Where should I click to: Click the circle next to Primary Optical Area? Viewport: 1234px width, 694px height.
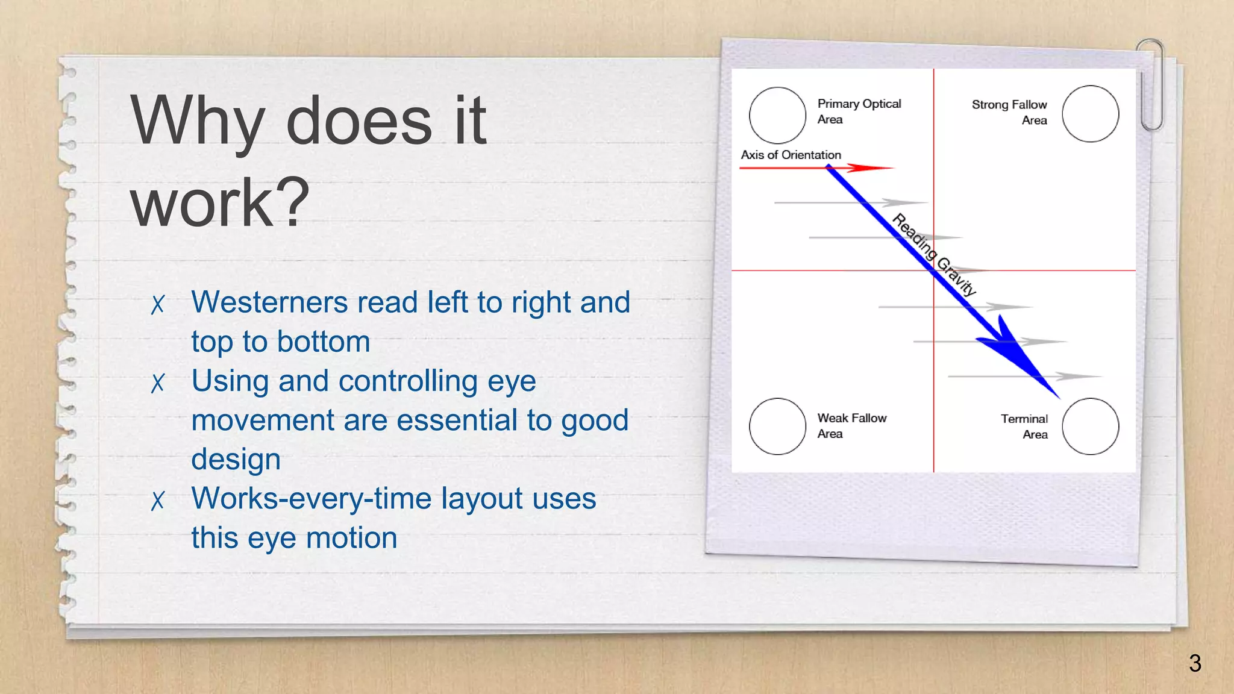777,115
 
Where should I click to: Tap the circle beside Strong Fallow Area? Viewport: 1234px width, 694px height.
1090,114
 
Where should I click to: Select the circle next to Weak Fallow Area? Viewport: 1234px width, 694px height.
777,426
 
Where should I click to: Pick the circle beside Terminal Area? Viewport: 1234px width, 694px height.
1090,426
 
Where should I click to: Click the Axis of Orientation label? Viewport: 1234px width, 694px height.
791,155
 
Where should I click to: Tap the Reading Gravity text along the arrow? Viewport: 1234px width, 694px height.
933,255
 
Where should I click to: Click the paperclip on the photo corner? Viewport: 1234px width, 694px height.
1151,84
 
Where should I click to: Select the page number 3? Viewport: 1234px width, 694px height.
1195,663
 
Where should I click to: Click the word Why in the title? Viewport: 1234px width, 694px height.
197,122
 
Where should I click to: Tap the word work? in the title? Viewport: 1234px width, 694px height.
220,204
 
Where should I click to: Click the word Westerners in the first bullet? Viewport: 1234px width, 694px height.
269,302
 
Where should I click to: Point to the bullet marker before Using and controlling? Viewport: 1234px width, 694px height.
158,383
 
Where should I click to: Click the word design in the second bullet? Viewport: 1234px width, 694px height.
236,460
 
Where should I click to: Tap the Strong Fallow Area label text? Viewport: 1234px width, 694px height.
1009,112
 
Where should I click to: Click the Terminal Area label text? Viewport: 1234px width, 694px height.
1024,426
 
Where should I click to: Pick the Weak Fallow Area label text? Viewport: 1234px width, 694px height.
851,425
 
